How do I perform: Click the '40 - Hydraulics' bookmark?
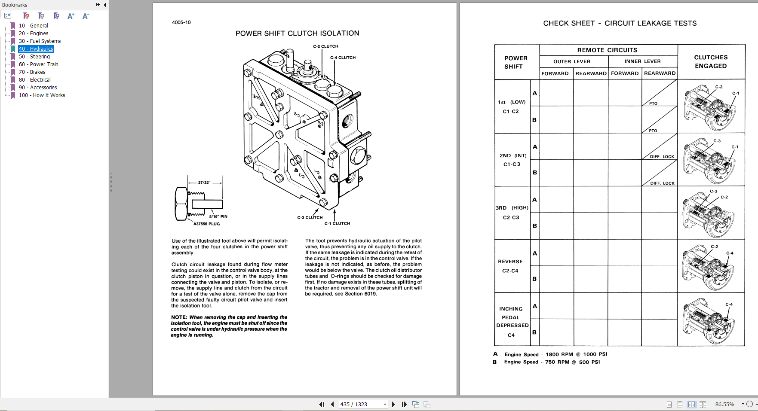click(x=36, y=49)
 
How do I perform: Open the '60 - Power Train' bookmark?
click(x=38, y=64)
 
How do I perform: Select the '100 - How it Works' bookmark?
click(x=42, y=95)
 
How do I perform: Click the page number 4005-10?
click(x=181, y=22)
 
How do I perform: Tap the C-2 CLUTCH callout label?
click(x=325, y=46)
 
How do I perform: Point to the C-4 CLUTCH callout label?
click(x=343, y=58)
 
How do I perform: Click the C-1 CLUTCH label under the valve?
click(x=337, y=223)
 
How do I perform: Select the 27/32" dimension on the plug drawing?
click(x=204, y=183)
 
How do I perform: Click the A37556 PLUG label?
click(x=206, y=224)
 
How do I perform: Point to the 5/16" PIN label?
click(x=218, y=216)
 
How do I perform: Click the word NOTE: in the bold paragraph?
click(x=179, y=317)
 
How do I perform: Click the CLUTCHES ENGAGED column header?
click(x=711, y=61)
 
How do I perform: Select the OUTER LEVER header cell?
click(x=572, y=61)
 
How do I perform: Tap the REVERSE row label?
click(x=510, y=262)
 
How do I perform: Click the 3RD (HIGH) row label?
click(x=512, y=208)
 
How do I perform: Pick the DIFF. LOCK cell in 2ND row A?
click(x=662, y=157)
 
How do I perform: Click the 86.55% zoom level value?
click(x=724, y=404)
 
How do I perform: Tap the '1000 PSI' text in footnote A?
click(x=595, y=354)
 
